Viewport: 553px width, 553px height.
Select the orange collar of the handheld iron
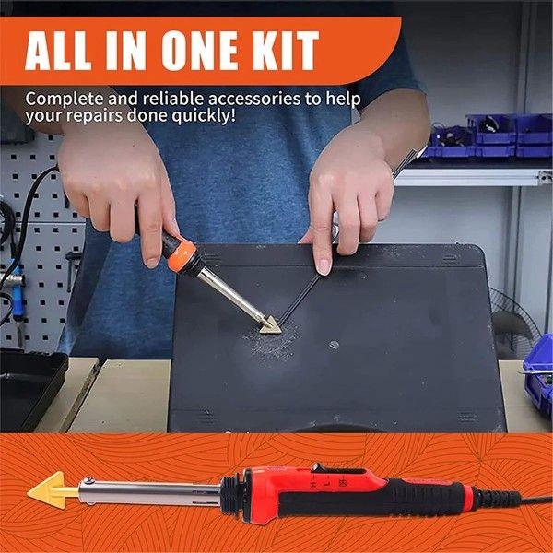point(183,250)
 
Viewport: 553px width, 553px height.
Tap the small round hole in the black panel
point(334,346)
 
